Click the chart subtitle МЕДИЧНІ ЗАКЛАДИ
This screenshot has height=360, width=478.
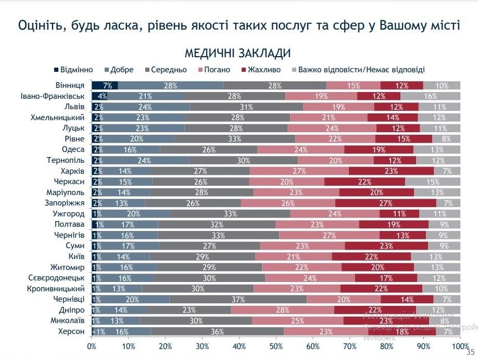coord(237,54)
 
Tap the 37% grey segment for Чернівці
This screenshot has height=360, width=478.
coord(238,299)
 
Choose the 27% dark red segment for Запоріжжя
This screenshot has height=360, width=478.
coord(386,203)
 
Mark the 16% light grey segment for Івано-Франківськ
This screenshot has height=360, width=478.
coord(430,96)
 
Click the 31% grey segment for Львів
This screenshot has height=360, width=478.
coord(247,107)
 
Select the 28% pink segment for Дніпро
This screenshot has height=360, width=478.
coord(282,310)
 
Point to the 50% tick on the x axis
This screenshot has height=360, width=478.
coord(276,346)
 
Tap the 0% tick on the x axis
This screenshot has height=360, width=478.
coord(92,346)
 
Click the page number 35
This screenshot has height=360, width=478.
coord(473,352)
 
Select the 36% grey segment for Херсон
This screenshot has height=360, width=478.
coord(217,331)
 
